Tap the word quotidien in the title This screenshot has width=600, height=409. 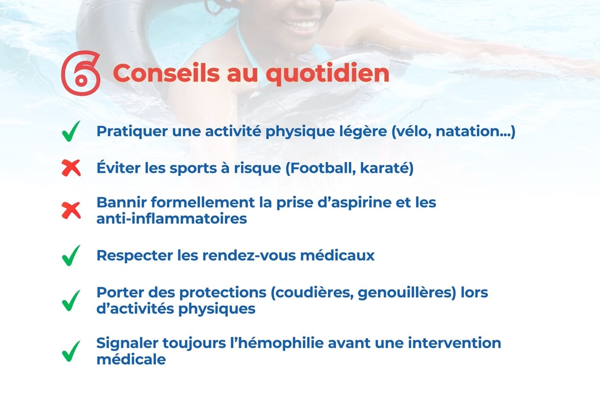click(x=327, y=74)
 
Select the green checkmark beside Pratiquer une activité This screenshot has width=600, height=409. click(x=71, y=131)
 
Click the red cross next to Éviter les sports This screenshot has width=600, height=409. click(x=71, y=168)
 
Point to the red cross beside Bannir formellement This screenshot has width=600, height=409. click(x=71, y=210)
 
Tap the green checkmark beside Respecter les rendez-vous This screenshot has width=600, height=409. click(x=71, y=255)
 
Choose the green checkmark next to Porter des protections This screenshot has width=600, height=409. click(x=71, y=300)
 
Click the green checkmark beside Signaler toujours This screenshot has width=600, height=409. click(x=71, y=351)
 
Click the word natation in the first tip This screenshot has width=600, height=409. click(x=471, y=131)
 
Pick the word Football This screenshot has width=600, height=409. click(x=320, y=168)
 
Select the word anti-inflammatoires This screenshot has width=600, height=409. click(x=172, y=219)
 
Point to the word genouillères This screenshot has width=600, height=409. click(x=405, y=293)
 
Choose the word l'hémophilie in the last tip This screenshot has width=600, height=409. click(x=277, y=343)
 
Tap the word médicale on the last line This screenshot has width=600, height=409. click(x=131, y=359)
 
